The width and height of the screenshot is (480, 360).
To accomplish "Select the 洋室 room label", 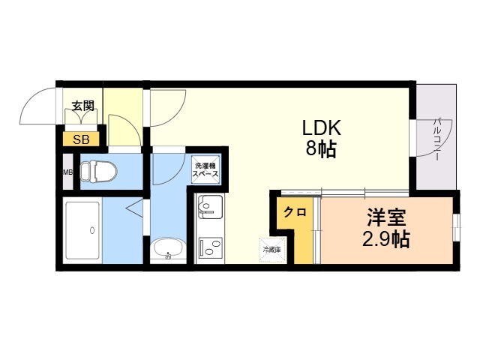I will [386, 219].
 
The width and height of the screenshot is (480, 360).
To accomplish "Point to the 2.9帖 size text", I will [386, 241].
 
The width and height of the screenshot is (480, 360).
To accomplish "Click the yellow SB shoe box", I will [80, 139].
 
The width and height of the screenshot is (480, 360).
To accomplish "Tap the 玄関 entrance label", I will [82, 106].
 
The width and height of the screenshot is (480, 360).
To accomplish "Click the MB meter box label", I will [67, 172].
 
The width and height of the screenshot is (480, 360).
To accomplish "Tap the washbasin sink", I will [167, 249].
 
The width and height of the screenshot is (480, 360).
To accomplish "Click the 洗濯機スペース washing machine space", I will [206, 169].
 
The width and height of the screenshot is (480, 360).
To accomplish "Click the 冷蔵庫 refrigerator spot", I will [271, 249].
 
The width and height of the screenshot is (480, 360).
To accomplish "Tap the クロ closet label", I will [294, 212].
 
